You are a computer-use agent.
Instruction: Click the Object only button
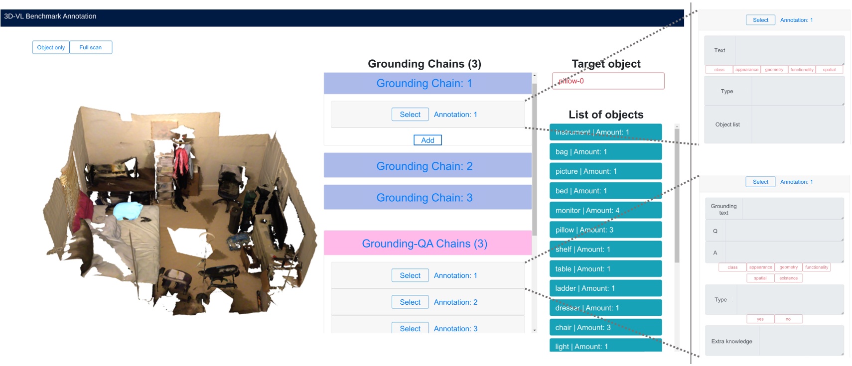click(51, 47)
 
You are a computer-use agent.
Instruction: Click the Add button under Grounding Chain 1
click(427, 140)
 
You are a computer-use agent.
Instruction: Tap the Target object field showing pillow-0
click(608, 81)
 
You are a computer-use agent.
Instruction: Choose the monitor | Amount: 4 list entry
click(605, 211)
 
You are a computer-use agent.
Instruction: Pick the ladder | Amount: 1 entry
click(605, 288)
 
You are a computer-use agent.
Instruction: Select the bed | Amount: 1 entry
click(605, 191)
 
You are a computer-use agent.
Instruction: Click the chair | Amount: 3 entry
click(605, 328)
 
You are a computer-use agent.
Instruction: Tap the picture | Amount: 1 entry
click(605, 171)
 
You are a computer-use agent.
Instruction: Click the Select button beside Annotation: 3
click(410, 329)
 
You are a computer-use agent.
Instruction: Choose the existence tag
click(788, 278)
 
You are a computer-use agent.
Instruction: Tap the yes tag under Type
click(760, 319)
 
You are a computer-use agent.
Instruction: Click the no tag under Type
click(788, 319)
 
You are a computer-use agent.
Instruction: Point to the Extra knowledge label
click(731, 342)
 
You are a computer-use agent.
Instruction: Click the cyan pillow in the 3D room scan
click(131, 211)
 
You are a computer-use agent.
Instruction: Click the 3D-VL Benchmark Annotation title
click(50, 16)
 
